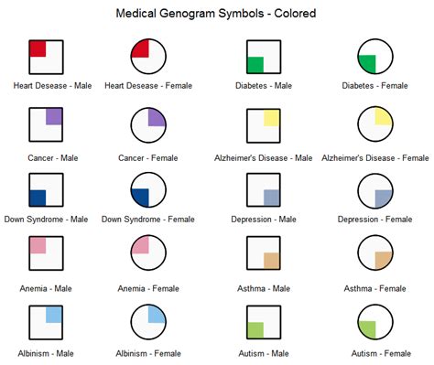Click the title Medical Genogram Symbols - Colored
217,15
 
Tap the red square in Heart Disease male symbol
38,48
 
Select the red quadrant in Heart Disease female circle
139,48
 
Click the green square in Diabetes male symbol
255,64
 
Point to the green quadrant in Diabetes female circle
367,64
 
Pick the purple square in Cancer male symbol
54,115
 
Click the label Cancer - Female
146,157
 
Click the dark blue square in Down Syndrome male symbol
38,197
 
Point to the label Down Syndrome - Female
146,219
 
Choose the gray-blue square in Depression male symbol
271,197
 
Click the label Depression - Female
375,219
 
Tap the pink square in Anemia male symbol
38,245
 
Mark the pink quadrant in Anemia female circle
139,245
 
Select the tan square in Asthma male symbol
271,260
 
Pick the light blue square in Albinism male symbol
54,314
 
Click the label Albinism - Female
146,353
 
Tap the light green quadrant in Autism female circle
367,329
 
